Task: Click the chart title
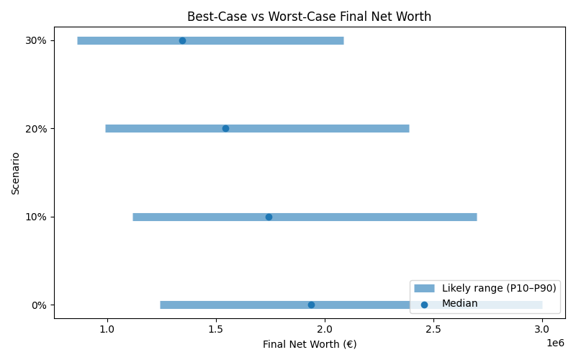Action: tap(309, 17)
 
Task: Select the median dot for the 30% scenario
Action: tap(182, 40)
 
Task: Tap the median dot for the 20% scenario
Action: tap(225, 128)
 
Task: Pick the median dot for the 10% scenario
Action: tap(269, 217)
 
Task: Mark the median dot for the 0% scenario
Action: tap(311, 305)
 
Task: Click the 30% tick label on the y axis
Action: tap(37, 40)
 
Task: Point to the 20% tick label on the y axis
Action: tap(37, 128)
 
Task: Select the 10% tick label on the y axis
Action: tap(37, 217)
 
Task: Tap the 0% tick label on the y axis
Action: tap(39, 305)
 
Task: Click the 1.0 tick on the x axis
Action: tap(107, 329)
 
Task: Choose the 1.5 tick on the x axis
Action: tap(216, 329)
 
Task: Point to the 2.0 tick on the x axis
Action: tap(325, 329)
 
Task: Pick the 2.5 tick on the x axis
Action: tap(433, 329)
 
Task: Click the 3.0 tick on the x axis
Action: tap(542, 329)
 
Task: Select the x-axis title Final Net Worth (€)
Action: tap(309, 344)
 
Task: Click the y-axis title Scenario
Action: tap(16, 173)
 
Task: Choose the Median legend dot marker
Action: tap(424, 305)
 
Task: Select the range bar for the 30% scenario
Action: tap(210, 40)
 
